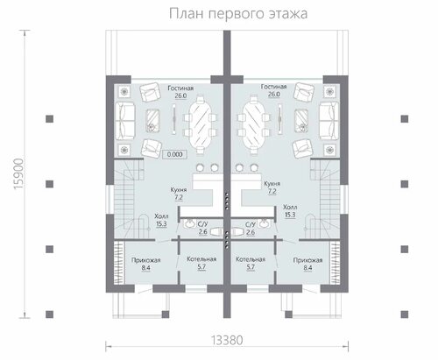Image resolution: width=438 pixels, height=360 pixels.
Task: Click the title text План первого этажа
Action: click(238, 13)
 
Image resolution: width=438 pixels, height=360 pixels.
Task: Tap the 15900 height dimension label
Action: click(18, 173)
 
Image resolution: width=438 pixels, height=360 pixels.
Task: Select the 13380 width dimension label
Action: click(227, 340)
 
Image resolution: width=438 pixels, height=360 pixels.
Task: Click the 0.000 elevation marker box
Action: click(174, 154)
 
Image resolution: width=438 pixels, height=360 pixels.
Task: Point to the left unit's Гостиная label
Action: click(180, 88)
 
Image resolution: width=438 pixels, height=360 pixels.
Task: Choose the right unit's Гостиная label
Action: click(273, 87)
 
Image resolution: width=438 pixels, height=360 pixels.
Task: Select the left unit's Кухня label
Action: click(179, 190)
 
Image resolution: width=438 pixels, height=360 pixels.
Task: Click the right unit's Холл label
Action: click(290, 208)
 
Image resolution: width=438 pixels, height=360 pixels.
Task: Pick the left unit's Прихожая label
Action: click(145, 260)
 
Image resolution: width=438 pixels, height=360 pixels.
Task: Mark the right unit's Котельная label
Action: click(251, 259)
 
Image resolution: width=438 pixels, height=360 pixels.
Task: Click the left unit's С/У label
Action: click(202, 224)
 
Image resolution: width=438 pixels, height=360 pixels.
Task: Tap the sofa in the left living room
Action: click(125, 121)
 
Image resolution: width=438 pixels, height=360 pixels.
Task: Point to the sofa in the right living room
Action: click(329, 121)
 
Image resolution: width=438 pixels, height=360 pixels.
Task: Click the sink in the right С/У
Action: click(265, 223)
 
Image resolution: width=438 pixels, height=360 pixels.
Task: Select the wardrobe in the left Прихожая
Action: click(119, 262)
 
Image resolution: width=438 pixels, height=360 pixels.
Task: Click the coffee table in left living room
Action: click(152, 120)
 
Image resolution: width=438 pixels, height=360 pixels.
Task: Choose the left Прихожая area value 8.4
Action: click(145, 268)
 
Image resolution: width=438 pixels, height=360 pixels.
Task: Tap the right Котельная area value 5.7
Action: click(251, 267)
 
